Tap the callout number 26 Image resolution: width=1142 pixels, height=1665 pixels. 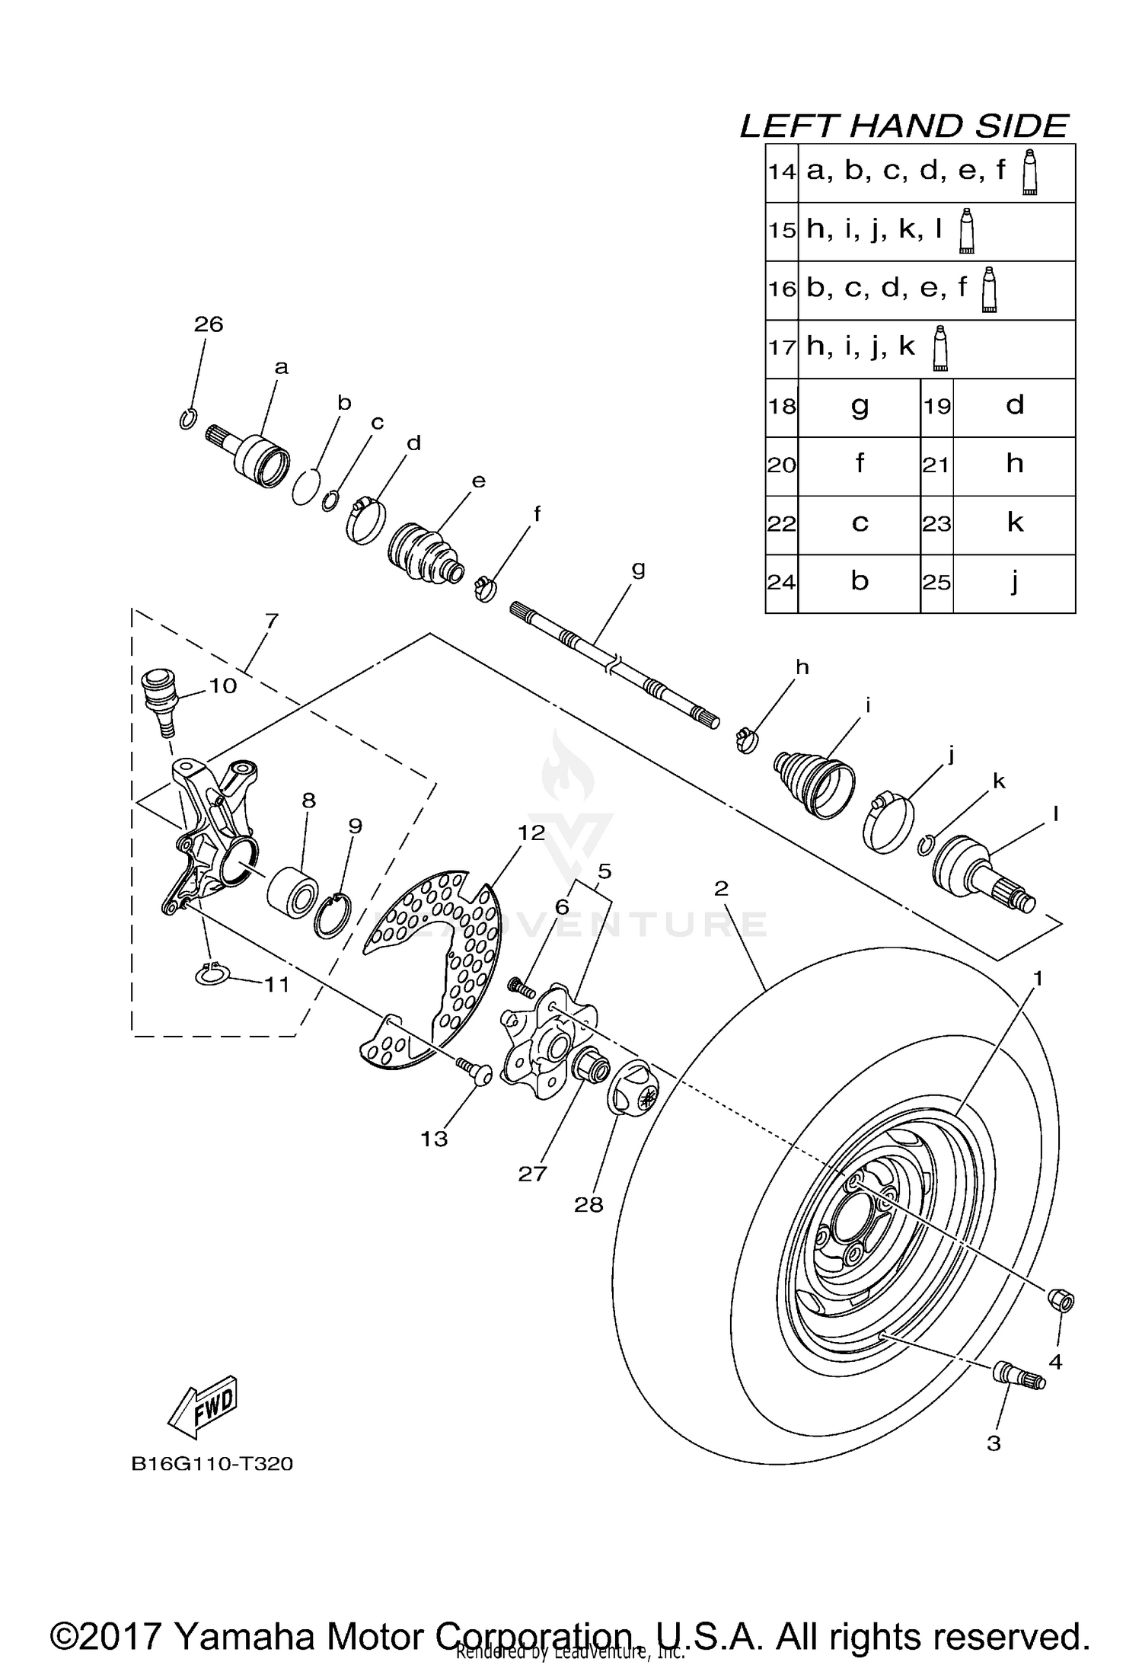click(208, 324)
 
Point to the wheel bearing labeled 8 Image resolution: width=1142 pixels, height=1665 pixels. click(293, 888)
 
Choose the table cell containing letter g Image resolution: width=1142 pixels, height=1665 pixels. click(859, 406)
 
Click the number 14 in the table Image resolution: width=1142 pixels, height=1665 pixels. click(781, 172)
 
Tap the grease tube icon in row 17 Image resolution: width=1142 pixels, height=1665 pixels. click(940, 349)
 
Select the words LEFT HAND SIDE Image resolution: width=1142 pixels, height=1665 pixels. click(904, 126)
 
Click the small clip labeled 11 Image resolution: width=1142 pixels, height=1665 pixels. click(213, 974)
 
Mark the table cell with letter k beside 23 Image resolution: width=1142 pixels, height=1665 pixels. click(1013, 523)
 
